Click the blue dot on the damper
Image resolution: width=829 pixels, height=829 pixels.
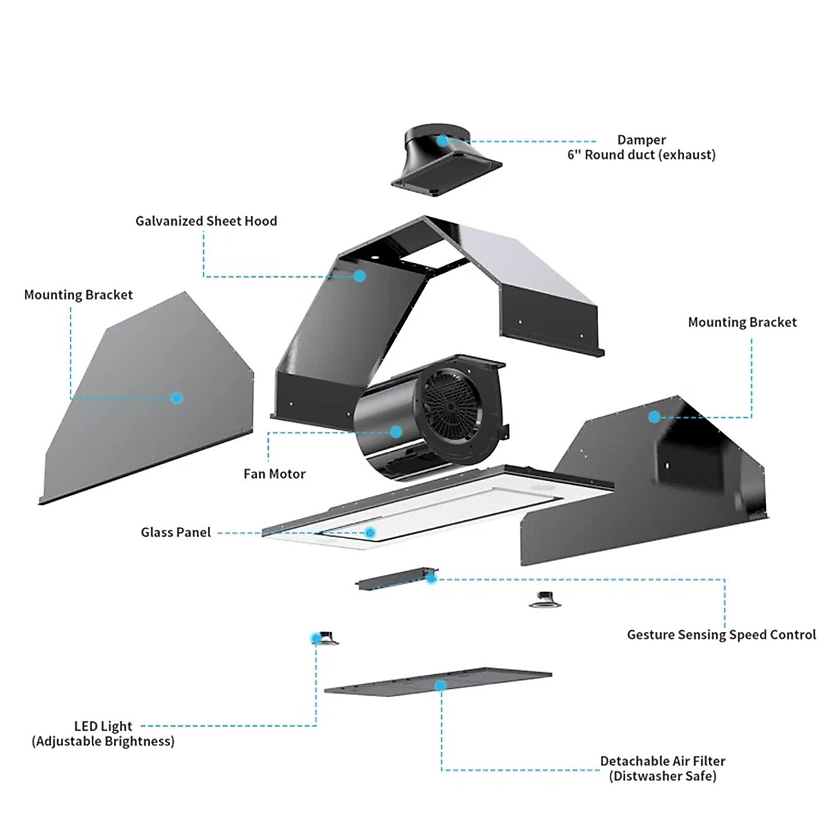tap(442, 140)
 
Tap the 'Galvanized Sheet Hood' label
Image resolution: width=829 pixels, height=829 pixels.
tap(206, 221)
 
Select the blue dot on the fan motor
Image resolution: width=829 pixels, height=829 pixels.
tap(396, 432)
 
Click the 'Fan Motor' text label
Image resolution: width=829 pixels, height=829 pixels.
tap(274, 474)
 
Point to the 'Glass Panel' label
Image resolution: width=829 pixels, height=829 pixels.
tap(175, 533)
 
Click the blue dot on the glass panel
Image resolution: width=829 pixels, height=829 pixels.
tap(370, 533)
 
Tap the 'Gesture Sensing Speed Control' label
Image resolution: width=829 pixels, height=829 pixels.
tap(721, 635)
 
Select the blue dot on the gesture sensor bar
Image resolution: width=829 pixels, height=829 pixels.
tap(431, 578)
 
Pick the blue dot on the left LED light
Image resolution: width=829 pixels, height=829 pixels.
tap(316, 638)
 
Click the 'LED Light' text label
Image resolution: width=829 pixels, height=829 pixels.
tap(103, 726)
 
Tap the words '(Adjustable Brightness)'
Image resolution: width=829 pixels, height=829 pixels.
tap(103, 741)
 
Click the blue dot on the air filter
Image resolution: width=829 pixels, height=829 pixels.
tap(440, 685)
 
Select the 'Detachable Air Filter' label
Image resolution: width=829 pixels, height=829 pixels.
tap(663, 761)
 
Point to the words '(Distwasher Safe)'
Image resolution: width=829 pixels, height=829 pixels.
tap(663, 776)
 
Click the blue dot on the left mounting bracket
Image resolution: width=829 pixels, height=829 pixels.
tap(177, 398)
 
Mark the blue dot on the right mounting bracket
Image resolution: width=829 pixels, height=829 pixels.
tap(654, 417)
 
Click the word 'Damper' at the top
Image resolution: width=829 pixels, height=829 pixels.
tap(641, 140)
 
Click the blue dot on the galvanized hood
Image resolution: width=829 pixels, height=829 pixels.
tap(360, 276)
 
